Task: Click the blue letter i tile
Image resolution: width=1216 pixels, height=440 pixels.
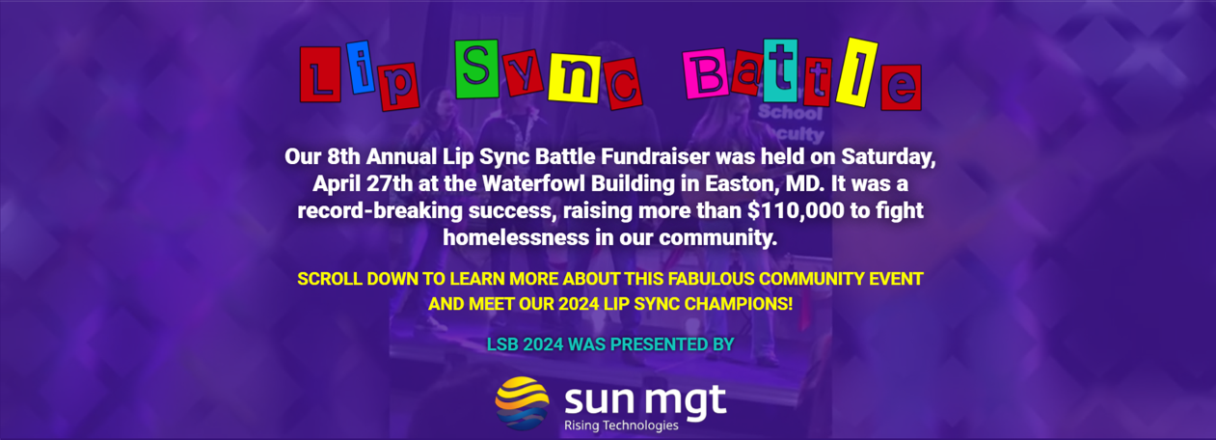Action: point(361,67)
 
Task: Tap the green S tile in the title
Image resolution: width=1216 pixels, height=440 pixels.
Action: point(476,69)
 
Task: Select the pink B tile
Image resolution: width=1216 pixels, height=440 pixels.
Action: point(705,74)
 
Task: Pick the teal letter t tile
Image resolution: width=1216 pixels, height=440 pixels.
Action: point(780,70)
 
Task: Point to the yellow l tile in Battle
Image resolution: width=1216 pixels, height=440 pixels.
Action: point(856,72)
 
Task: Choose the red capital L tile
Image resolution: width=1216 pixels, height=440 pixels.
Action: point(320,74)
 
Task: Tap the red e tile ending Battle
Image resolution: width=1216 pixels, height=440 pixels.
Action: point(901,88)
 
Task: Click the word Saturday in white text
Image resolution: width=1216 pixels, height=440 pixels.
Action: point(889,157)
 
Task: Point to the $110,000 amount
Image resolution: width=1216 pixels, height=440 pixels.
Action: point(796,210)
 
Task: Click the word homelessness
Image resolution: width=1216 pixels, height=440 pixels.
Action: point(516,237)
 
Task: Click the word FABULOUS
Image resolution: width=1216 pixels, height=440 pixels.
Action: point(711,279)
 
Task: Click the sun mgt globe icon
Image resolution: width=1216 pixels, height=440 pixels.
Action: point(522,403)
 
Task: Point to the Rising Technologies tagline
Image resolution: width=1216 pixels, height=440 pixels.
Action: point(621,426)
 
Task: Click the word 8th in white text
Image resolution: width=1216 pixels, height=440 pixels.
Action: point(343,157)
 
